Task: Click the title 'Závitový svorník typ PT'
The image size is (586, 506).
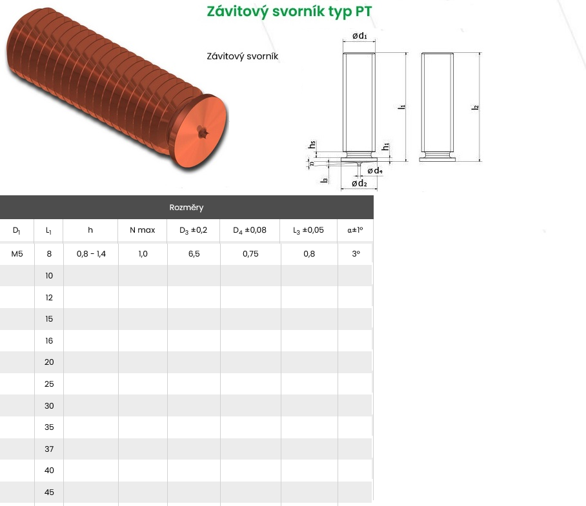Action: coord(290,12)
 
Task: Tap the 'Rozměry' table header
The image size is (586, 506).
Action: coord(186,208)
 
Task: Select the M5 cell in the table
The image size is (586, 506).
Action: coord(17,254)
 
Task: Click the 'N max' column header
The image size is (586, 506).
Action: coord(143,230)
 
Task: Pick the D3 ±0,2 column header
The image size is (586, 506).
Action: coord(193,230)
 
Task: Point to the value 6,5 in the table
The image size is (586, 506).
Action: coord(194,254)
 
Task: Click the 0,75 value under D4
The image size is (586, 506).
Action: coord(250,254)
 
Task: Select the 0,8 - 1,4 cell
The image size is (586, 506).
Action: coord(91,254)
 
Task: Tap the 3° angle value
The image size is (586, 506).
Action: coord(356,254)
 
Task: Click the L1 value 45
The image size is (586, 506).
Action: coord(49,492)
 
